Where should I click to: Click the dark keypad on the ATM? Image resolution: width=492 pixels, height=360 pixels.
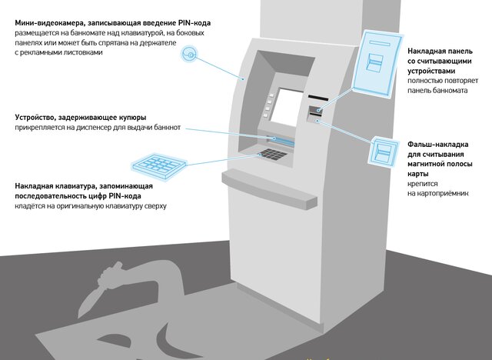tap(272, 154)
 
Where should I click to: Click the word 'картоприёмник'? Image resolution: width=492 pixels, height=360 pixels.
tap(436, 193)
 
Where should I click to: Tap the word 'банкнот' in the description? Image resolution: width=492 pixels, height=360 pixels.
tap(165, 128)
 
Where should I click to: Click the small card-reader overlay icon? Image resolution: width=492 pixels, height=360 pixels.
tap(384, 151)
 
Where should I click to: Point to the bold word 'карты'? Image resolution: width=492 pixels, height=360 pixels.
tap(417, 173)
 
